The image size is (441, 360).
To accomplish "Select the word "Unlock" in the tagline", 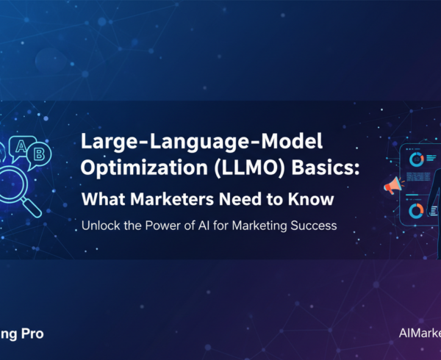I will tap(99, 226).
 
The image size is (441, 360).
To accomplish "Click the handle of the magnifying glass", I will tap(32, 206).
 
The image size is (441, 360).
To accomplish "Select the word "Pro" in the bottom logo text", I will tap(31, 334).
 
